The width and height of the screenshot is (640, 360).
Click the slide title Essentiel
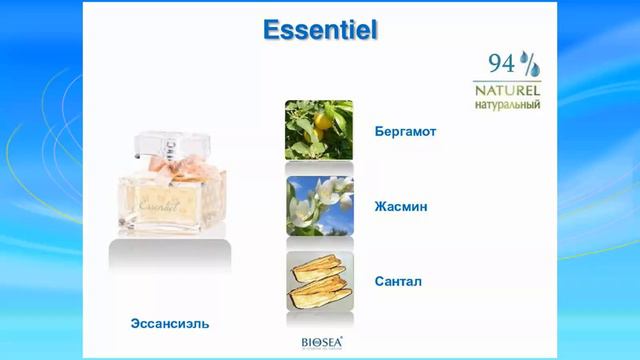point(319,30)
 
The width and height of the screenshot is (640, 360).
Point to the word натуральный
point(507,103)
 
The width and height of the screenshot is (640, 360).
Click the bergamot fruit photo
point(319,130)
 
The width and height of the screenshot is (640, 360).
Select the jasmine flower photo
point(319,206)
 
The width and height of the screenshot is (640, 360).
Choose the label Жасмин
point(400,206)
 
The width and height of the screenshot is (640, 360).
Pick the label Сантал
point(398,282)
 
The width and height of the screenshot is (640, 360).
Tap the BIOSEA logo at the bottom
point(321,341)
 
